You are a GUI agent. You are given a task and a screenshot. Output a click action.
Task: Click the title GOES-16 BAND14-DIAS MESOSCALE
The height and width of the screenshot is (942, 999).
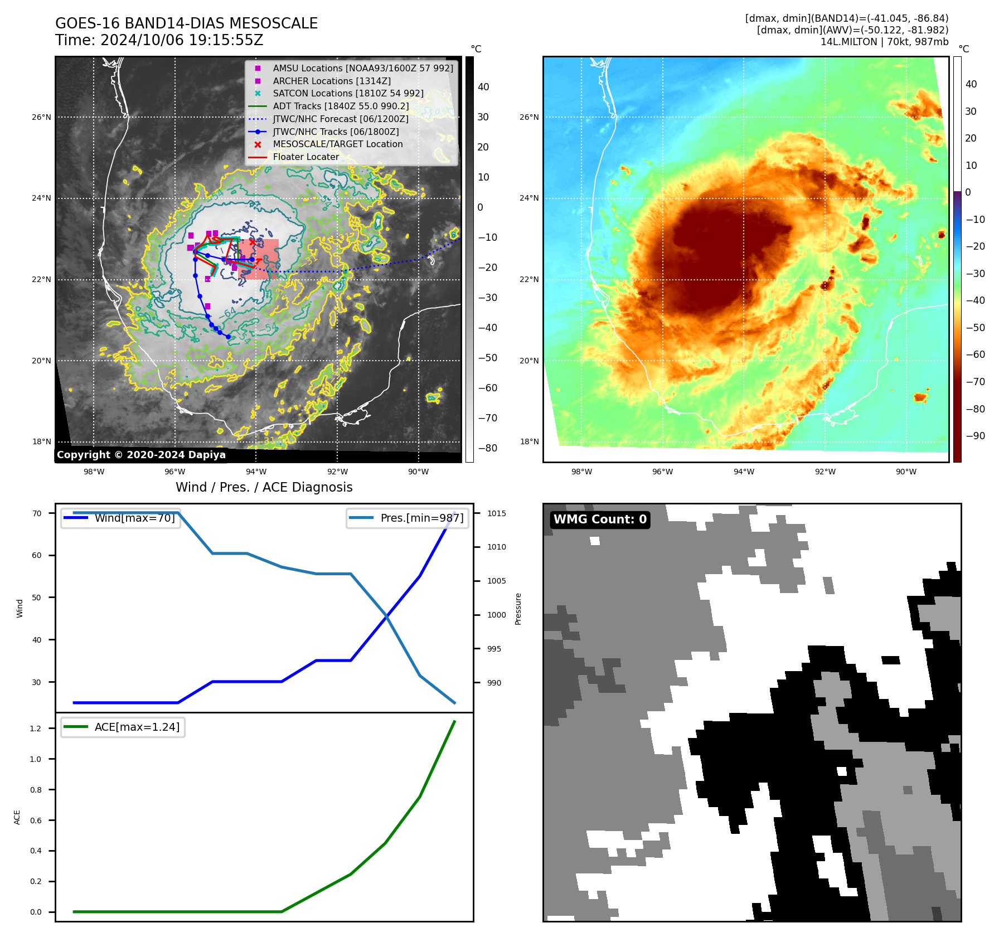click(x=186, y=23)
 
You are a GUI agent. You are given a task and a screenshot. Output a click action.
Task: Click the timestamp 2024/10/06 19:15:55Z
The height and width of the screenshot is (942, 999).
click(x=182, y=41)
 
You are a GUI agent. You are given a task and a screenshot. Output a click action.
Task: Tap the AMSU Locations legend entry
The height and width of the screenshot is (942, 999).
click(x=362, y=68)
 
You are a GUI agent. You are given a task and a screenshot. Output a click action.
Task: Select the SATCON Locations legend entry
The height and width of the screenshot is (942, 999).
click(x=348, y=93)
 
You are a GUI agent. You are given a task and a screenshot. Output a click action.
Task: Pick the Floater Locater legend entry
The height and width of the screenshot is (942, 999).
click(x=305, y=157)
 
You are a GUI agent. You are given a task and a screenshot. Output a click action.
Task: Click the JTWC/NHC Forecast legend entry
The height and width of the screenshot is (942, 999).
click(x=340, y=119)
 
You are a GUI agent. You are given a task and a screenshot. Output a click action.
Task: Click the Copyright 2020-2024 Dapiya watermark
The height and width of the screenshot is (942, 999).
click(x=141, y=455)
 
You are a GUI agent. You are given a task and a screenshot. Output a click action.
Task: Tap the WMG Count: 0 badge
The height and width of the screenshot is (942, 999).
click(x=600, y=519)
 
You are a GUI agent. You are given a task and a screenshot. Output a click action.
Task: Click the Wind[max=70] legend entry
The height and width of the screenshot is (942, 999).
click(x=134, y=518)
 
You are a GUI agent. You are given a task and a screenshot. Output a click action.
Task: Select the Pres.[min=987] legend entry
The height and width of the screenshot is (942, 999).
click(x=421, y=518)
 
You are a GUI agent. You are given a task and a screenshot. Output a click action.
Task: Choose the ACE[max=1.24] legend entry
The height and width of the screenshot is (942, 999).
click(x=137, y=727)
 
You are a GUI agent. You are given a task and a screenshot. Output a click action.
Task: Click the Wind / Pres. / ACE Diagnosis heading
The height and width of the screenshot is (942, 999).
click(x=264, y=487)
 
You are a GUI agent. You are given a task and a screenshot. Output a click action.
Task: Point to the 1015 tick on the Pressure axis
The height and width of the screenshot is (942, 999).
click(x=496, y=513)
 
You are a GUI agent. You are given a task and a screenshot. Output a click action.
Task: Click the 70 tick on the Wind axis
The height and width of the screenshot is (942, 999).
click(x=37, y=513)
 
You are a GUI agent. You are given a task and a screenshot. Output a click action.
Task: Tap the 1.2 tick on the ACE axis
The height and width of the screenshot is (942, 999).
click(x=36, y=729)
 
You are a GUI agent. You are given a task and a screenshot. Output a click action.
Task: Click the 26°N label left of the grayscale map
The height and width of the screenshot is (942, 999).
click(x=41, y=118)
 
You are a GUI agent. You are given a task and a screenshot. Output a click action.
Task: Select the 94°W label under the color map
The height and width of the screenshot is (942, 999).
click(x=744, y=472)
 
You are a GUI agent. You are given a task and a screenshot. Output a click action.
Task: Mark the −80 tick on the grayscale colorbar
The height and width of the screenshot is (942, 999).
click(x=487, y=448)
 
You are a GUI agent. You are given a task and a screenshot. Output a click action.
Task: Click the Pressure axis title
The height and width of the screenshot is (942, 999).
click(x=518, y=609)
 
